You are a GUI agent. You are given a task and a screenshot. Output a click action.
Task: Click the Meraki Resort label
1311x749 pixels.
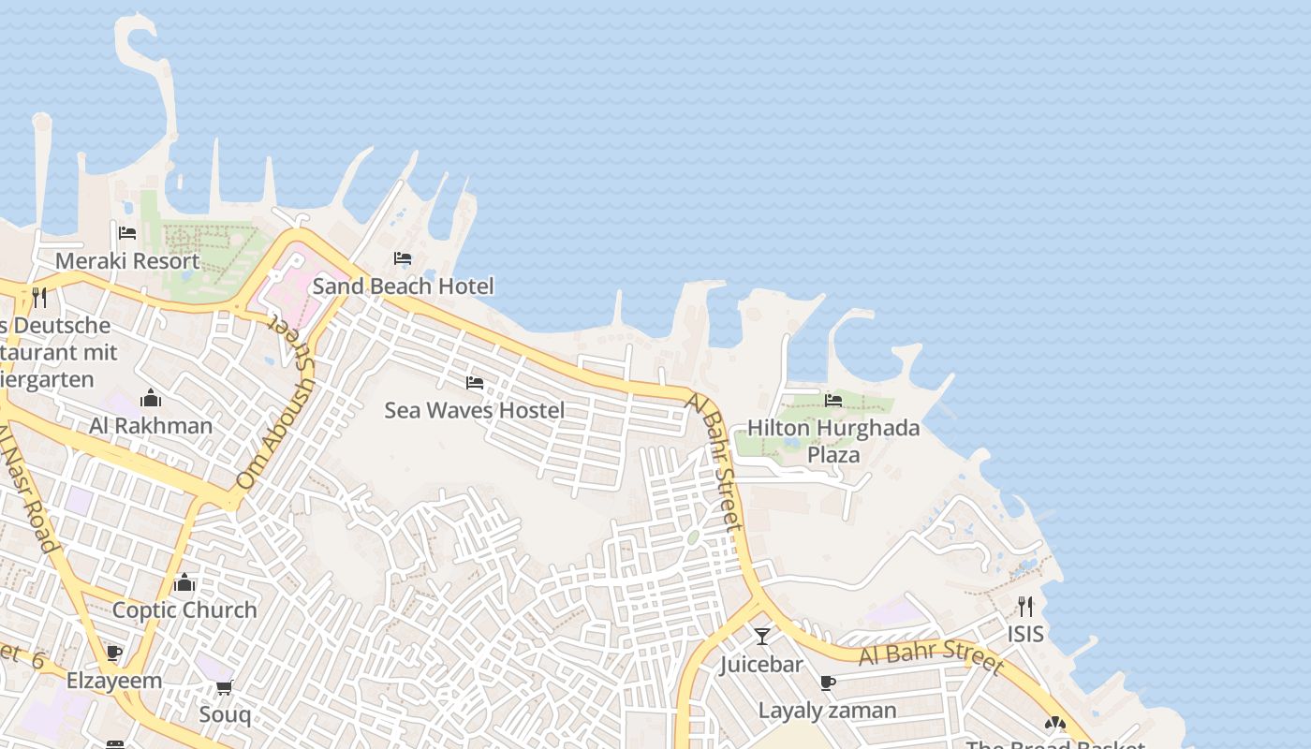[127, 260]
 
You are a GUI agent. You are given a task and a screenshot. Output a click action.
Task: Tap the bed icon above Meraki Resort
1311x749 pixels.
[127, 233]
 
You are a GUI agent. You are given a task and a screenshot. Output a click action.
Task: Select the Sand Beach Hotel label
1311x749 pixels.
[403, 286]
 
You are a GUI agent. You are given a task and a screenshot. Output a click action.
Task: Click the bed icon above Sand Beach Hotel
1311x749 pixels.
[403, 258]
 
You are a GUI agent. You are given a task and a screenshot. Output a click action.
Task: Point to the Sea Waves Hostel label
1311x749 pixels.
[475, 410]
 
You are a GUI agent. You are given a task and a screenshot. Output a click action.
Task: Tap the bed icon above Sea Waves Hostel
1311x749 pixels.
[475, 383]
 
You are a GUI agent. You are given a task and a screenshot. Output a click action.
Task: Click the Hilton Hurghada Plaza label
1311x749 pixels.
[833, 441]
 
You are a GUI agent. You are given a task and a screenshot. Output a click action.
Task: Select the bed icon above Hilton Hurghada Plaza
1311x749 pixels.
[833, 401]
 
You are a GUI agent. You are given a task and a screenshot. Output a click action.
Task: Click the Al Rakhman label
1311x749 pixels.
[151, 426]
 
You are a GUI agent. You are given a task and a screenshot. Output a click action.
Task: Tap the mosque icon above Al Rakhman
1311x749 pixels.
[151, 399]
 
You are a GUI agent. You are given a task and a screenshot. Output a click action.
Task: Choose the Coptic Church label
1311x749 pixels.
[184, 610]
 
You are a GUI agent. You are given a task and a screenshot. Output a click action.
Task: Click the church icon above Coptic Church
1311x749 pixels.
[184, 583]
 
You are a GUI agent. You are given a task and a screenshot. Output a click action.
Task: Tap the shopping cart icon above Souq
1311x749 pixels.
[225, 688]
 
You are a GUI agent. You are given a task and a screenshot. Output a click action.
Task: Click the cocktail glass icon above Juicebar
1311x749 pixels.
[762, 637]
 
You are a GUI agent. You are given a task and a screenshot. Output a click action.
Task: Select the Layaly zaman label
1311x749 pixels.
[827, 711]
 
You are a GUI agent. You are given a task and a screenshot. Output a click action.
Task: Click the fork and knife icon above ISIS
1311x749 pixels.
[1025, 607]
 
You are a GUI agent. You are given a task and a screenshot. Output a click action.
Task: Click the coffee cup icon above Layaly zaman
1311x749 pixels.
[827, 683]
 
